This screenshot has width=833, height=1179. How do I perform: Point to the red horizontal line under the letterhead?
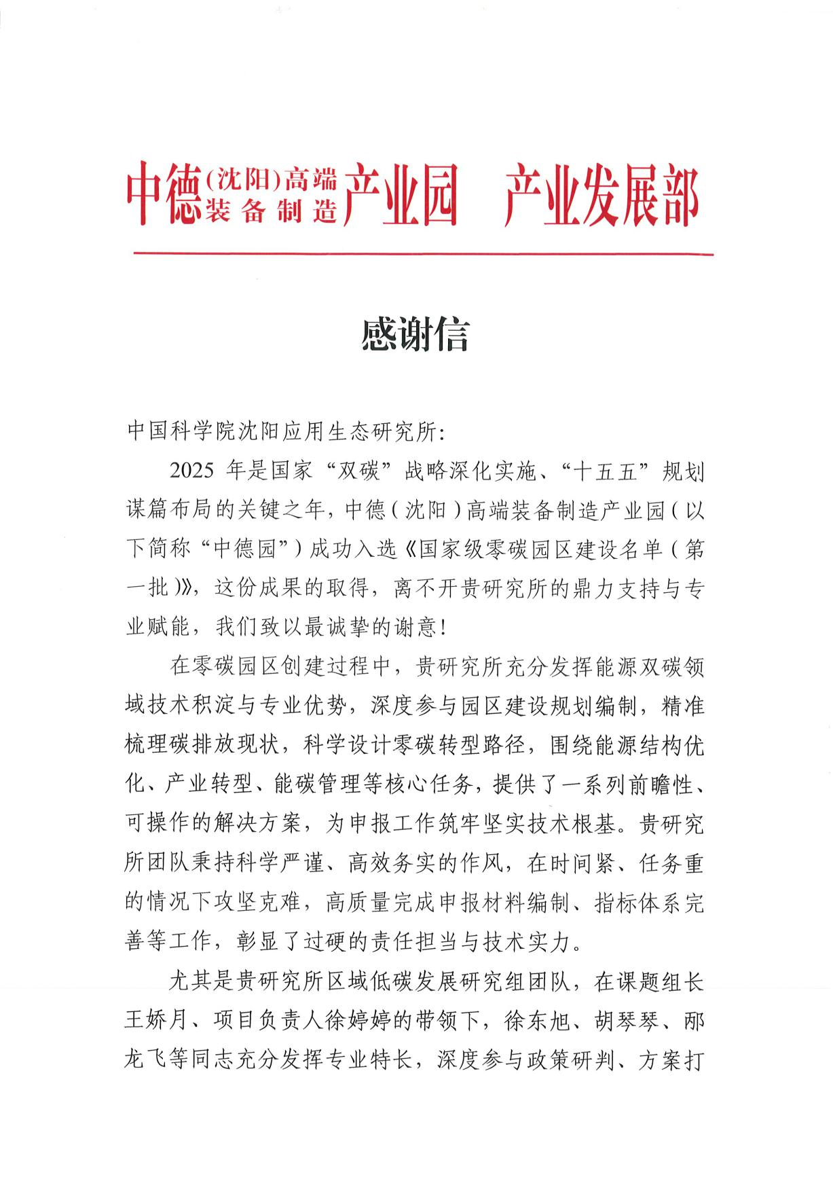[424, 255]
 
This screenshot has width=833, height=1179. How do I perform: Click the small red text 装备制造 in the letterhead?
[272, 212]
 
